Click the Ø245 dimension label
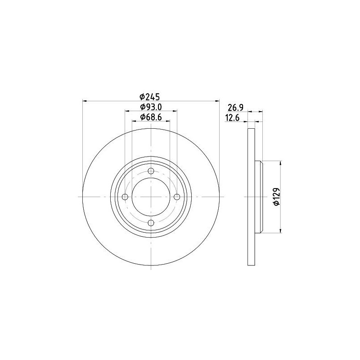click(149, 97)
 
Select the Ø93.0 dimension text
click(151, 107)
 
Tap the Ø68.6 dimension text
click(151, 117)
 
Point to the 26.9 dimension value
click(235, 108)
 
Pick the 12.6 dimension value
click(232, 118)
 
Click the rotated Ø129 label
click(276, 197)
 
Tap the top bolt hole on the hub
click(151, 171)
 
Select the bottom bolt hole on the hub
click(151, 223)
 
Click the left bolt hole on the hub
click(125, 197)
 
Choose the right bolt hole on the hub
click(177, 197)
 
